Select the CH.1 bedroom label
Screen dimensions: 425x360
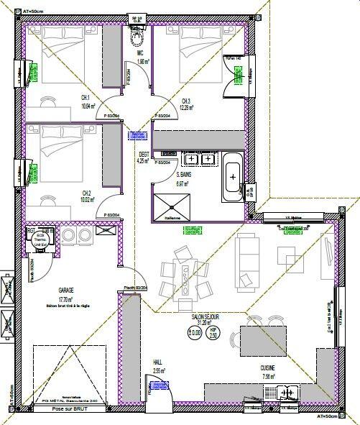[85, 98]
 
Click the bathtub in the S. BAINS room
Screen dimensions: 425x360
[233, 177]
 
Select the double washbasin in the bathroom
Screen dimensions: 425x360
[198, 159]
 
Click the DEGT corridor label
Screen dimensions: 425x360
[144, 154]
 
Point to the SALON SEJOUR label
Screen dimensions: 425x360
[206, 317]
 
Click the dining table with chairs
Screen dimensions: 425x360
[183, 274]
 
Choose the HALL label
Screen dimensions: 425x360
[159, 362]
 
